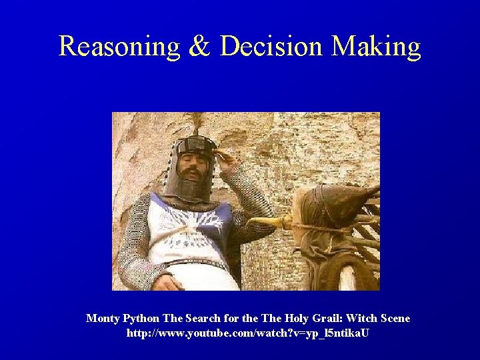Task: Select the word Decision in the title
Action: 272,47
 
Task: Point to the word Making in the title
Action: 377,47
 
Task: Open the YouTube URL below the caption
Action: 247,332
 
